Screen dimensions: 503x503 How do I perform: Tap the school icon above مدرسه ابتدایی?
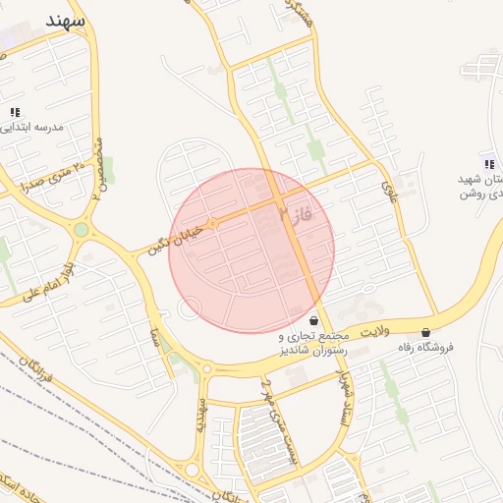pyautogui.click(x=15, y=112)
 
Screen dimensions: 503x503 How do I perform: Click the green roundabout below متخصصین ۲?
pyautogui.click(x=82, y=230)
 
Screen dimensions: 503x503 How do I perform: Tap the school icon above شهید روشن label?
pyautogui.click(x=489, y=163)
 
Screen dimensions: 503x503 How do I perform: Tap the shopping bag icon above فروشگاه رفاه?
pyautogui.click(x=425, y=333)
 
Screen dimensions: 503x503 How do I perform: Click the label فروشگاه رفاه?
pyautogui.click(x=425, y=348)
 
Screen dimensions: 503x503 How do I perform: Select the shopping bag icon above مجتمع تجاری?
pyautogui.click(x=313, y=320)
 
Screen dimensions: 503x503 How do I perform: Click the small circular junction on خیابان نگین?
pyautogui.click(x=213, y=224)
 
